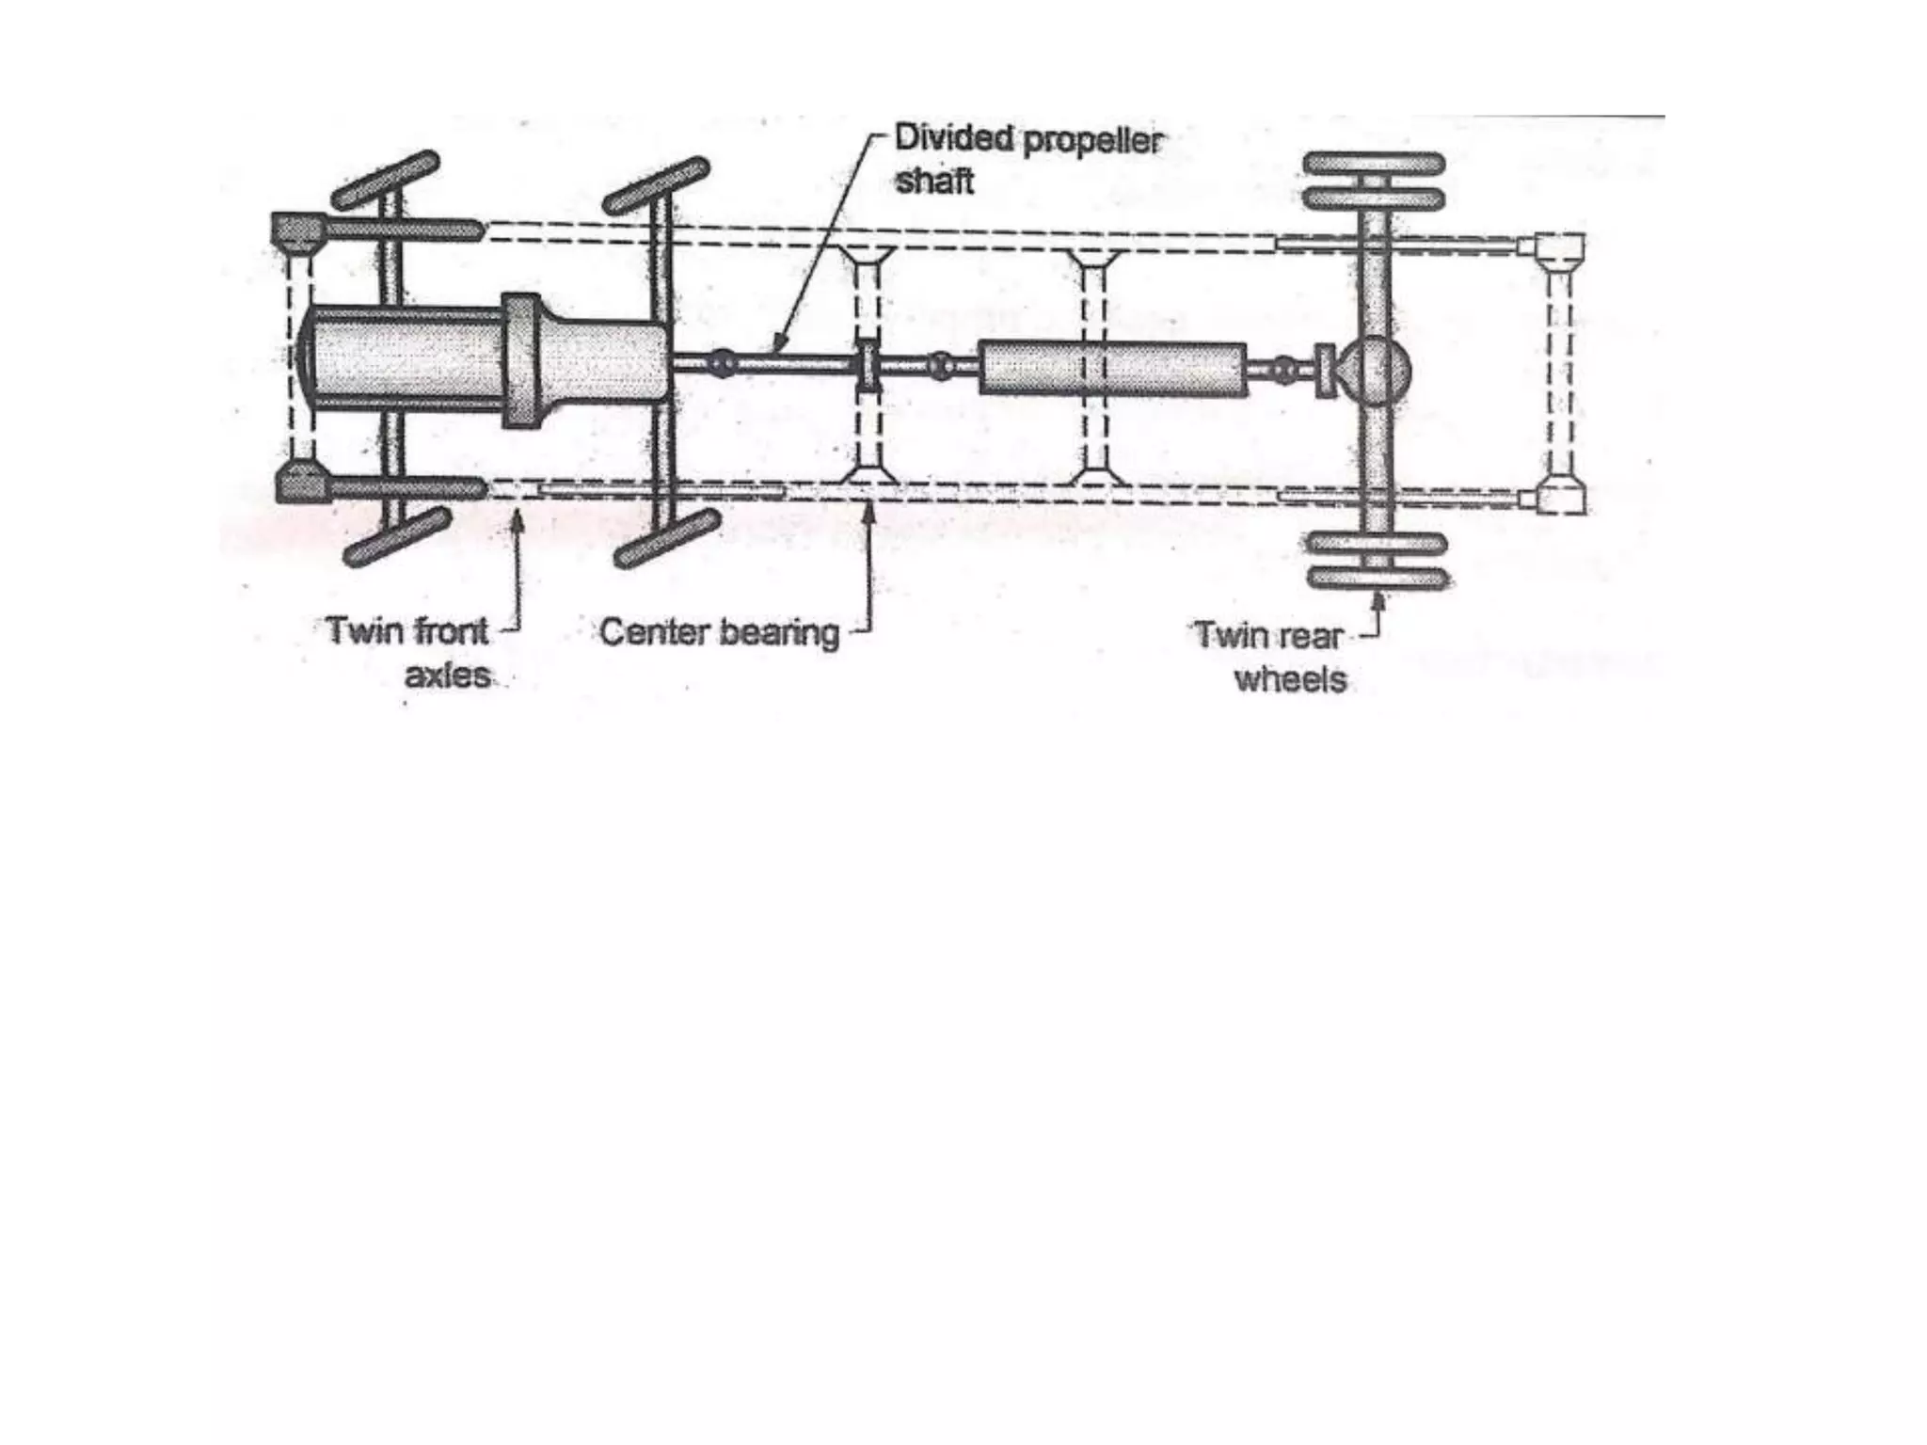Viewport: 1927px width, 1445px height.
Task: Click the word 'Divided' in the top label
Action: click(x=952, y=138)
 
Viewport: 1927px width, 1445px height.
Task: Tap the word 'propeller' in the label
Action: click(x=1092, y=141)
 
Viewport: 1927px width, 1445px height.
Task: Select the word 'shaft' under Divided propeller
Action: click(x=933, y=182)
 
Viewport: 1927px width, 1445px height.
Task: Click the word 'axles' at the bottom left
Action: click(x=447, y=675)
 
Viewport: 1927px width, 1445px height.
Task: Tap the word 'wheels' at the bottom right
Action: click(x=1290, y=679)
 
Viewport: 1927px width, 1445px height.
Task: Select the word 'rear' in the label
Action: click(x=1309, y=636)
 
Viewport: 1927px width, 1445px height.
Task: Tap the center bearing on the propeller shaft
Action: click(x=867, y=365)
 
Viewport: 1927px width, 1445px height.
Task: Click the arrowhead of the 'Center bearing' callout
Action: click(x=869, y=509)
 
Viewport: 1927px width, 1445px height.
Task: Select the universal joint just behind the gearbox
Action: click(x=721, y=362)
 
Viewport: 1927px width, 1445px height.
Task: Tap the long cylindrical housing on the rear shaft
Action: click(x=1112, y=369)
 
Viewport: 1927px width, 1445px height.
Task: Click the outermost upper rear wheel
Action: click(x=1374, y=164)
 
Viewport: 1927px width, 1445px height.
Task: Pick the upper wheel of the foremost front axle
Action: click(x=386, y=179)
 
